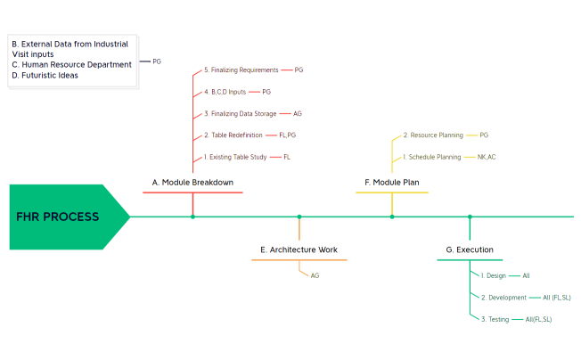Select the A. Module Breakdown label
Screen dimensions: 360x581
coord(192,183)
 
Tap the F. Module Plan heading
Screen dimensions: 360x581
coord(392,183)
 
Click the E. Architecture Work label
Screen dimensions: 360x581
coord(299,250)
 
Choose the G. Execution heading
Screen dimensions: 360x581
coord(470,250)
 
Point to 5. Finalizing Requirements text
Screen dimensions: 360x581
coord(240,70)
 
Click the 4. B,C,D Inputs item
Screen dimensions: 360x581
coord(225,92)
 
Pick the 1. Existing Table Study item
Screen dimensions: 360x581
coord(235,157)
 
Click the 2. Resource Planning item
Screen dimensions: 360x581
coord(433,135)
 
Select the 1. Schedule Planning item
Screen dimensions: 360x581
coord(432,157)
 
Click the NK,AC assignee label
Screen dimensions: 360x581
coord(487,157)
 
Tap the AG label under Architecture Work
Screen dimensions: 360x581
coord(315,276)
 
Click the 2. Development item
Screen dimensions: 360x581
coord(503,298)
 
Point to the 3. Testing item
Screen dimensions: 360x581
coord(495,319)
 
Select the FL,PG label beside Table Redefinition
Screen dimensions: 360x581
coord(288,135)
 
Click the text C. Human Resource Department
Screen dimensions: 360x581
coord(71,64)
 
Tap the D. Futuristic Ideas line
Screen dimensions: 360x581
coord(45,76)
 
